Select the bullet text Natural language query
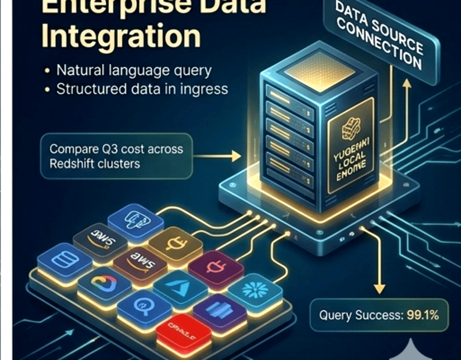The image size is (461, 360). click(x=134, y=70)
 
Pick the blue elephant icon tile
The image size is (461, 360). click(x=136, y=221)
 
